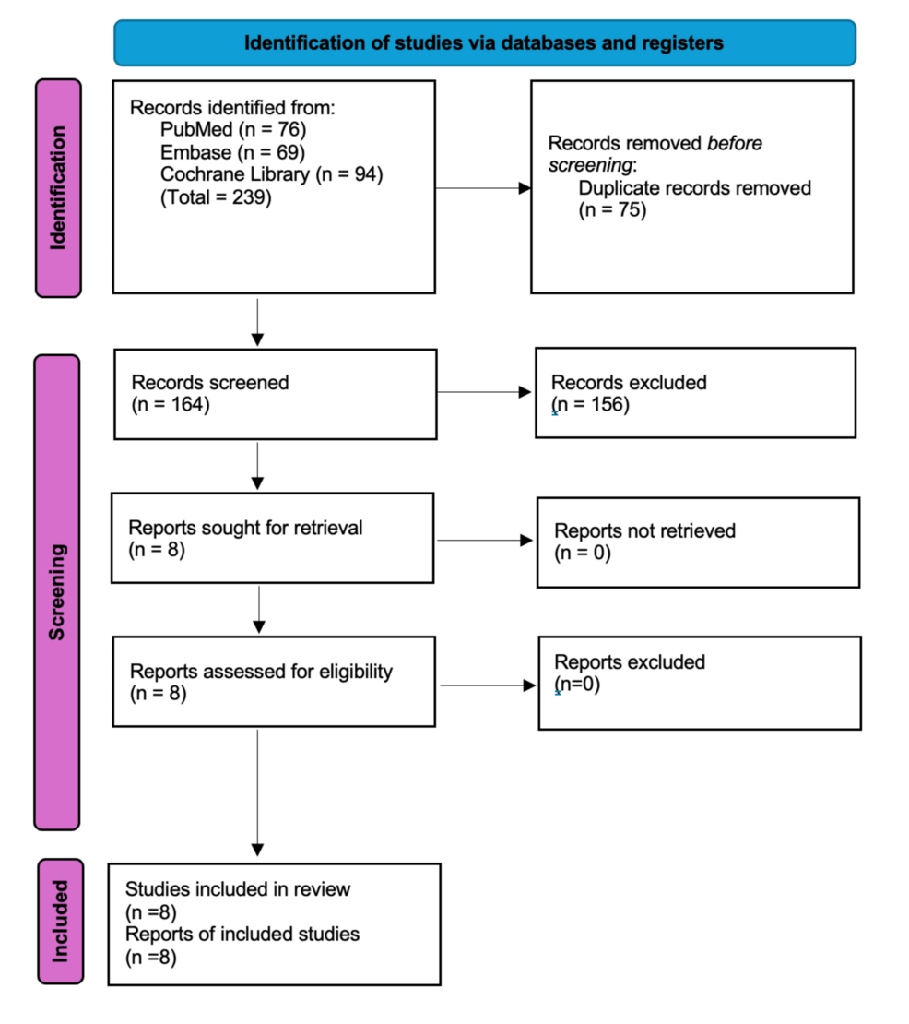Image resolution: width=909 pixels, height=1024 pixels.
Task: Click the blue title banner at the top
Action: [485, 43]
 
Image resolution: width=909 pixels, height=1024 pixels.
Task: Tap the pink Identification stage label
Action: [58, 188]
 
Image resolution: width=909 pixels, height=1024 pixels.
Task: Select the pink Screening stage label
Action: [57, 592]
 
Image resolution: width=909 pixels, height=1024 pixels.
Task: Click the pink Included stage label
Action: [61, 922]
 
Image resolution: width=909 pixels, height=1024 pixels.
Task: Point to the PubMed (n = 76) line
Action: [233, 129]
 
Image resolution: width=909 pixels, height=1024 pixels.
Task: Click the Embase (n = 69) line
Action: [232, 152]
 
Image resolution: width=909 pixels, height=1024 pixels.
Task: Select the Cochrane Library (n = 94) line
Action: [271, 174]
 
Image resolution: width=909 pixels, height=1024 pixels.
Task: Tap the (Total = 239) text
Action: [216, 197]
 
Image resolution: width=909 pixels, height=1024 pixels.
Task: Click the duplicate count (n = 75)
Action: [612, 210]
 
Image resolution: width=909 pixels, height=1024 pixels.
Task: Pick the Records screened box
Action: [276, 395]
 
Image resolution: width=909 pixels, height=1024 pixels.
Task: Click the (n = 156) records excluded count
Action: [591, 405]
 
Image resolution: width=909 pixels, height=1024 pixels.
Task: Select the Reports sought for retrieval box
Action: [273, 538]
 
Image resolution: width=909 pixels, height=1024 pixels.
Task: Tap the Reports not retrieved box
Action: [698, 542]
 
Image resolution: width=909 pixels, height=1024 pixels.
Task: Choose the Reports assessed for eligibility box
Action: [274, 682]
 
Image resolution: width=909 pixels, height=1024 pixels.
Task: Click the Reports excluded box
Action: [700, 683]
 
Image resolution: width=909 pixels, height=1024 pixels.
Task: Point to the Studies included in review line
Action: [238, 889]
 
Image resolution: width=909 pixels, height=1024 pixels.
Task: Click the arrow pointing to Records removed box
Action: [483, 188]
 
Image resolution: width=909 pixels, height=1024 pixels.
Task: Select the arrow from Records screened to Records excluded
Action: [484, 392]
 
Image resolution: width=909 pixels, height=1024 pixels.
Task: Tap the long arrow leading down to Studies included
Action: [258, 792]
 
